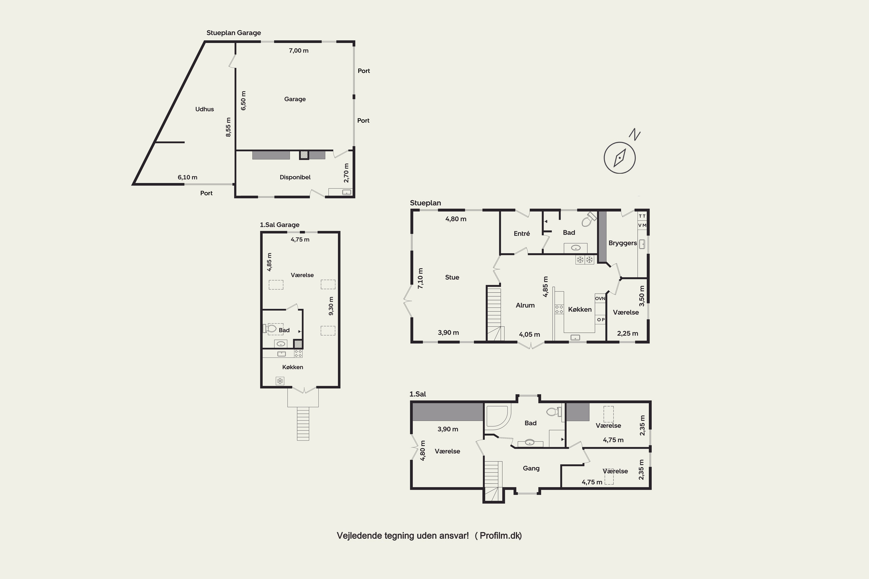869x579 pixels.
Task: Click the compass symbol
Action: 620,158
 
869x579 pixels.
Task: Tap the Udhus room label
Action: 204,109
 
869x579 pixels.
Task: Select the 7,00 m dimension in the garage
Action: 299,51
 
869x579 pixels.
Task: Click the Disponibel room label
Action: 295,177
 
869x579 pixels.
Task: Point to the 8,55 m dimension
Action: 228,127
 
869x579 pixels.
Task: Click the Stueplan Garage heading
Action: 233,33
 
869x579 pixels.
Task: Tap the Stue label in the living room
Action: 452,277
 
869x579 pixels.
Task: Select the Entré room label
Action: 522,233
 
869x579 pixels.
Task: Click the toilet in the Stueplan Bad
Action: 589,219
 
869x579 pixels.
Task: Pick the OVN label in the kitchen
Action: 600,298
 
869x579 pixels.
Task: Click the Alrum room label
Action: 525,305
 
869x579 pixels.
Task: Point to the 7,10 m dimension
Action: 421,278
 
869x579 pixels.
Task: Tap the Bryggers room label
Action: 622,243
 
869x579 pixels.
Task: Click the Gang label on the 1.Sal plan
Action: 531,468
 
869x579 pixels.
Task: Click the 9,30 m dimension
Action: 331,306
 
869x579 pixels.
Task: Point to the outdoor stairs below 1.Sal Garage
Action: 303,424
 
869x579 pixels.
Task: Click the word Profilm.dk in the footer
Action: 500,536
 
